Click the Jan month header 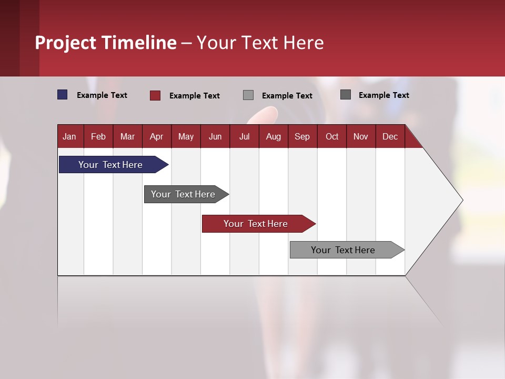(x=69, y=137)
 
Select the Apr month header (x=157, y=137)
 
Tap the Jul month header (x=245, y=137)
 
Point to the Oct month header (x=332, y=137)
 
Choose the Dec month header (x=390, y=137)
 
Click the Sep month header (x=302, y=137)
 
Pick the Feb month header (x=98, y=137)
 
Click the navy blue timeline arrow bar (x=114, y=164)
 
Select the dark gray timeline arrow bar (x=186, y=194)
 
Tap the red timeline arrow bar (x=259, y=224)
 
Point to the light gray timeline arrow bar (x=347, y=250)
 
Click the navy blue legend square (x=62, y=95)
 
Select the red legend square (x=155, y=95)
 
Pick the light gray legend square (x=248, y=95)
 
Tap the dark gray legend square (x=346, y=94)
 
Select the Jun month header (x=215, y=137)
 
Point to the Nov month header (x=361, y=137)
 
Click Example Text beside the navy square (x=102, y=95)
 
